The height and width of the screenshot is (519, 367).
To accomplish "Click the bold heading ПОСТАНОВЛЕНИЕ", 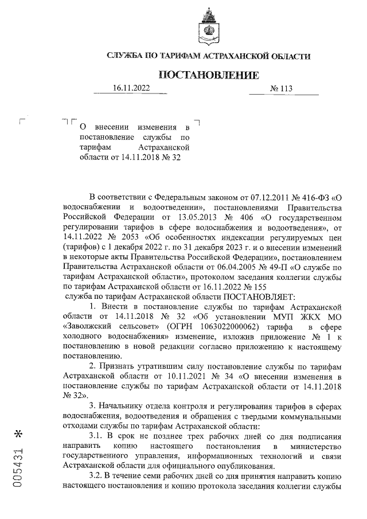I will click(208, 75).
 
